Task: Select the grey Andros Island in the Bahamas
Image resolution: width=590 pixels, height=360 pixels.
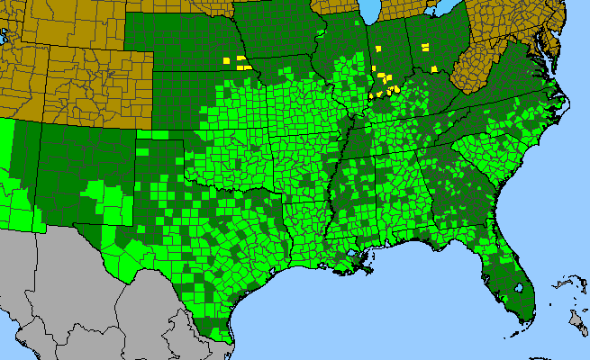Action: [575, 319]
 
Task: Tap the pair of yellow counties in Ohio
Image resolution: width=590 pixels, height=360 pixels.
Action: [424, 44]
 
